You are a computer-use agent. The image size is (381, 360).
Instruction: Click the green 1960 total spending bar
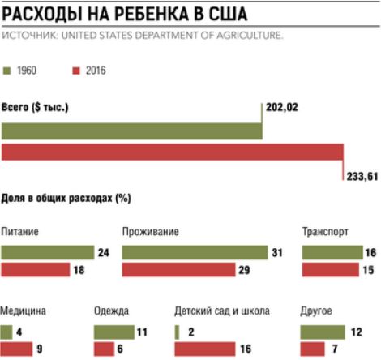(132, 131)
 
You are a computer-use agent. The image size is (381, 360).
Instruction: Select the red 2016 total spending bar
(173, 152)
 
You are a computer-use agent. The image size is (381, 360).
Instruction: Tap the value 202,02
(282, 108)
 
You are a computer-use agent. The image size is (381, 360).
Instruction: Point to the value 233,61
(362, 177)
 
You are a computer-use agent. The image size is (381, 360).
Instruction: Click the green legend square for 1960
(6, 71)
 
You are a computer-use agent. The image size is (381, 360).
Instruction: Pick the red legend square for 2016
(76, 71)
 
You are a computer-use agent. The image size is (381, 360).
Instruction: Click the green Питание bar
(48, 253)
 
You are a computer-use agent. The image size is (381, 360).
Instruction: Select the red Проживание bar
(178, 270)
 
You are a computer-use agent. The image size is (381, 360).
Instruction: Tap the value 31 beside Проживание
(277, 253)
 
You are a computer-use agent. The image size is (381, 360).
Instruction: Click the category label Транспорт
(325, 232)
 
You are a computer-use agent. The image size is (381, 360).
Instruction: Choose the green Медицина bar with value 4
(6, 332)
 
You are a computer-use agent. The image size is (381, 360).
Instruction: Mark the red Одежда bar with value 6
(104, 349)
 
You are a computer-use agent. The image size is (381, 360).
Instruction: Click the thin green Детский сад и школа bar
(177, 332)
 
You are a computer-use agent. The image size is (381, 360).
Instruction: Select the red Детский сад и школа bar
(205, 349)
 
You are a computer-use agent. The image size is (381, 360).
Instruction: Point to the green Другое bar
(323, 332)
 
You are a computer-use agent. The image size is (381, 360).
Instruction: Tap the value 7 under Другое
(335, 349)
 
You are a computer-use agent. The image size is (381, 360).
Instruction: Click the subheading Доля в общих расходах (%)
(66, 199)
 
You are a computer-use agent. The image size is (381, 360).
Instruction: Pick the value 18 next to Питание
(79, 270)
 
